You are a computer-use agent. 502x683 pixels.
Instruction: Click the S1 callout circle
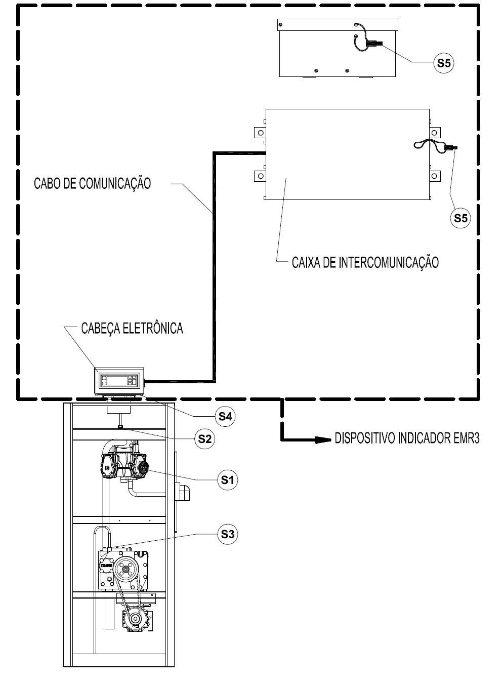coord(227,480)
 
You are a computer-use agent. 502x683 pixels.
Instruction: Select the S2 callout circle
coord(205,439)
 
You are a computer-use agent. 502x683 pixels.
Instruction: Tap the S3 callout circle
coord(227,534)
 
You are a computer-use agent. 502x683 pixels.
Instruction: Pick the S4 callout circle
coord(225,416)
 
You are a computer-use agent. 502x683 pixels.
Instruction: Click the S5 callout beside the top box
coord(444,63)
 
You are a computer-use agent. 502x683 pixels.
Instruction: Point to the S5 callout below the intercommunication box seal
coord(461,218)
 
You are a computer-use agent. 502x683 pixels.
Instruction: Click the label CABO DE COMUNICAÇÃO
coord(92,184)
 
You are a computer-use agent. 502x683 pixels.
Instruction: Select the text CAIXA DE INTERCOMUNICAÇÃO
coord(365,263)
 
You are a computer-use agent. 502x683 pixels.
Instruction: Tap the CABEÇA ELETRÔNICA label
coord(132,329)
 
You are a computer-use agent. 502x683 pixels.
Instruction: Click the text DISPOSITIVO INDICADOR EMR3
coord(407,438)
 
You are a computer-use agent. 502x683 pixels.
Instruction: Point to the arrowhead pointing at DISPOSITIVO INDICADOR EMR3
coord(323,439)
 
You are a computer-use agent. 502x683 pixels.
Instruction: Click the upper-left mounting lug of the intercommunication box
coord(260,133)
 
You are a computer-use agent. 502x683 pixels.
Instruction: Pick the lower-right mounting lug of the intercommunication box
coord(435,176)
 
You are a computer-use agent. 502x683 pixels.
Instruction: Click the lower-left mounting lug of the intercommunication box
coord(260,176)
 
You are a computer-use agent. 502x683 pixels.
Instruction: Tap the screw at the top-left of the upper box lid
coord(281,25)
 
